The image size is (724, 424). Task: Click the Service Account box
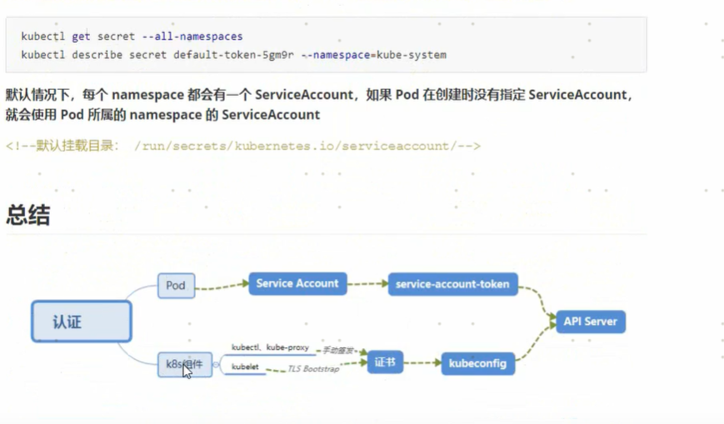tap(297, 283)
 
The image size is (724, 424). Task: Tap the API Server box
tap(590, 322)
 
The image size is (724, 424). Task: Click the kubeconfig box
tap(477, 363)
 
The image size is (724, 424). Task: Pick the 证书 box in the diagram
tap(384, 362)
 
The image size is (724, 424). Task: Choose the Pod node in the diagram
tap(176, 285)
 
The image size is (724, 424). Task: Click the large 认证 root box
tap(81, 322)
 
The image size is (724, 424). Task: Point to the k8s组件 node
tap(184, 364)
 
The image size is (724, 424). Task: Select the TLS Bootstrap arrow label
tap(313, 368)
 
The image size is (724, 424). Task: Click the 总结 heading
tap(27, 215)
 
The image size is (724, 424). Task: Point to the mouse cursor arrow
tap(187, 372)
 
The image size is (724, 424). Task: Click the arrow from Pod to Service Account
tap(222, 286)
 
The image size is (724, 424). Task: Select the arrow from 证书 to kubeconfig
tap(422, 363)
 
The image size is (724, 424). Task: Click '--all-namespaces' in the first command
tap(198, 37)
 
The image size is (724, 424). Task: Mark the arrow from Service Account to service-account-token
tap(367, 284)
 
